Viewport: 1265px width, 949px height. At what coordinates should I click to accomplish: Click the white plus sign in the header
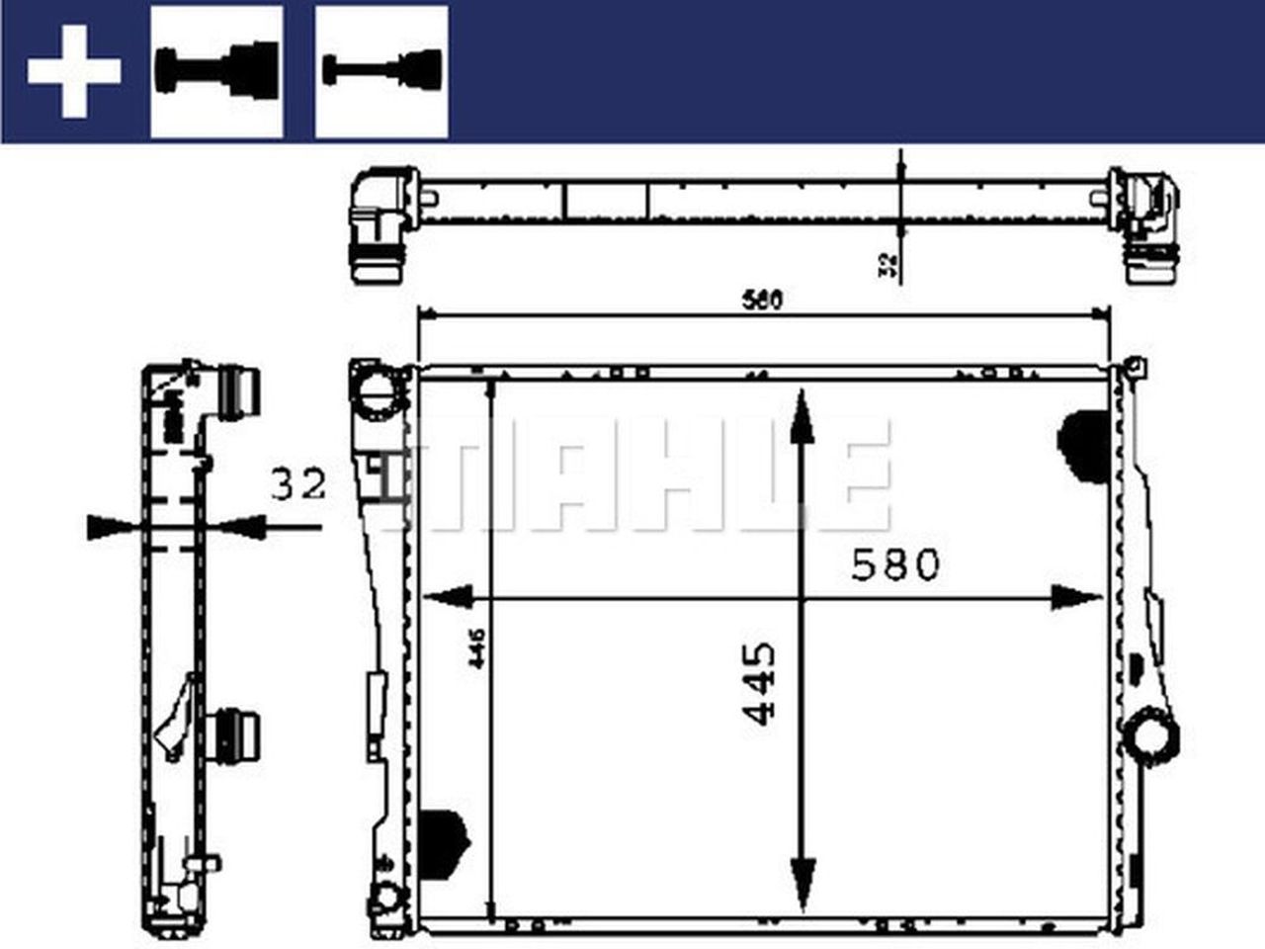coord(74,72)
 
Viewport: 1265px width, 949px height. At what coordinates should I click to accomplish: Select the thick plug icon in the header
coord(216,71)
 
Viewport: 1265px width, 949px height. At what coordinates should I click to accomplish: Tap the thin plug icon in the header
coord(381,71)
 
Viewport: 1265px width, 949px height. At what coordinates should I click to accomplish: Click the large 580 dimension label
coord(895,565)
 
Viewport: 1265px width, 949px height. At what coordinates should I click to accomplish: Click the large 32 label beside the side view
coord(297,484)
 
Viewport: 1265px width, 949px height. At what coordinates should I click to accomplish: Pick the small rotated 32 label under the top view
coord(887,262)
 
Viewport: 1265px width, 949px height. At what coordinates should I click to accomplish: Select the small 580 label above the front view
coord(763,300)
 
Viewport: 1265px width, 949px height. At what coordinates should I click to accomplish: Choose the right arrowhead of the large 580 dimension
coord(1075,597)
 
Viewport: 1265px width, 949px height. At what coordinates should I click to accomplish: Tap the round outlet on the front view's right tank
coord(1152,736)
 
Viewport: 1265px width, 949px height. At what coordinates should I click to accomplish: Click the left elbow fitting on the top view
coord(379,225)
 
